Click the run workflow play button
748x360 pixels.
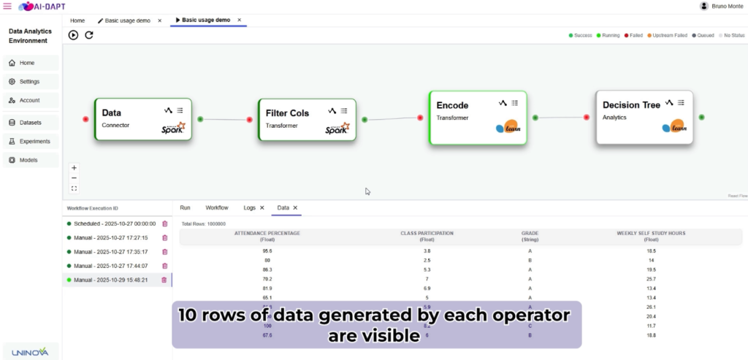(x=74, y=35)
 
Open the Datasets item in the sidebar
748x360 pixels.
(x=31, y=122)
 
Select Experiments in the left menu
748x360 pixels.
(x=34, y=141)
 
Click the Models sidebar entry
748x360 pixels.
(x=28, y=160)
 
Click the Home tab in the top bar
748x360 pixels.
(x=77, y=20)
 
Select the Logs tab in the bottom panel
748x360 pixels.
(x=250, y=208)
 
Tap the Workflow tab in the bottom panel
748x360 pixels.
(x=217, y=208)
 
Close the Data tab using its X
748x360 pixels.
(x=296, y=208)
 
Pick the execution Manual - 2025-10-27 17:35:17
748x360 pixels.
(x=111, y=252)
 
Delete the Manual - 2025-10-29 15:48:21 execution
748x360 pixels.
(x=164, y=280)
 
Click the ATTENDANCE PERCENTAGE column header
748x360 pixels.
(x=267, y=236)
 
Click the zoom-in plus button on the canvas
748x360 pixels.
(x=74, y=167)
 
